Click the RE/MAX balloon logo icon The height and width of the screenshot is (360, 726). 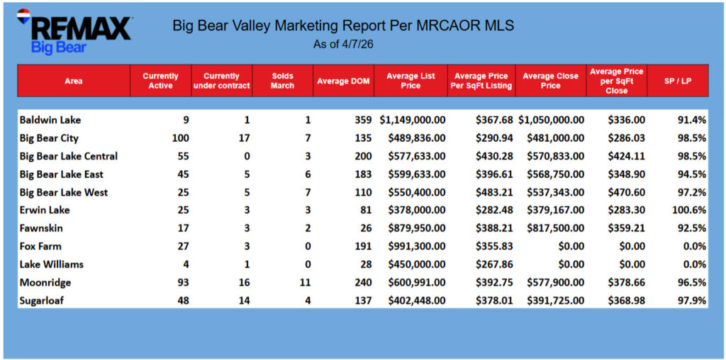[23, 17]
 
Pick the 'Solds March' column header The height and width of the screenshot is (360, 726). [282, 81]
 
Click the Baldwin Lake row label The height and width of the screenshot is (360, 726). [50, 120]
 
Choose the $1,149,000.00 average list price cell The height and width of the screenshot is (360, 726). [413, 120]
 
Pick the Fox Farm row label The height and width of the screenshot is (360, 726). [40, 246]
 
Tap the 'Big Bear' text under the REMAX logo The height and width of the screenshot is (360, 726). [59, 47]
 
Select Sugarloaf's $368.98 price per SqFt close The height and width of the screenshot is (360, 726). [626, 300]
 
